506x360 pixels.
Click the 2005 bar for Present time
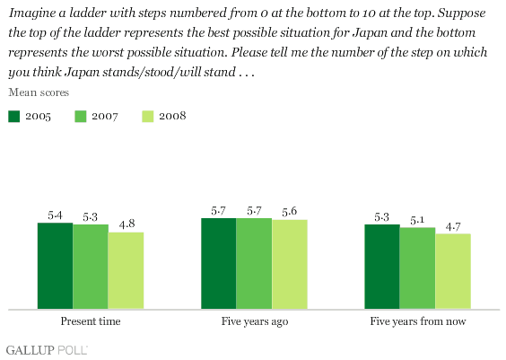[56, 266]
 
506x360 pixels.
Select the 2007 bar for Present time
[91, 267]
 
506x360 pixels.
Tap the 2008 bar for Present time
[126, 270]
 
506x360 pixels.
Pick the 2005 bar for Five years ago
[219, 263]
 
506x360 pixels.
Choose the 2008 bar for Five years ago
[290, 265]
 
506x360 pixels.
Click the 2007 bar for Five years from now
[417, 268]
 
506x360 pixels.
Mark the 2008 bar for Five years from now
[453, 271]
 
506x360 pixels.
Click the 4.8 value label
[126, 224]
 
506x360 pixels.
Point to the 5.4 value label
[56, 215]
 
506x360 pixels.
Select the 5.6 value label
[289, 212]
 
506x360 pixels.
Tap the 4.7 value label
[453, 227]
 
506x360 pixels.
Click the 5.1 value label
[417, 220]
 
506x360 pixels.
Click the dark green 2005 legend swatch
[13, 116]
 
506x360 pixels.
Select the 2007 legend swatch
[81, 116]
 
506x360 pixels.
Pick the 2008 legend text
[172, 116]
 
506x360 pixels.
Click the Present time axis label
[91, 321]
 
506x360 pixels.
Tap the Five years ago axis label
[255, 321]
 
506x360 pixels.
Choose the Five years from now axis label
[418, 321]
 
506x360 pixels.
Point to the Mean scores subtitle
[39, 92]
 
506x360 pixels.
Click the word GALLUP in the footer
[30, 350]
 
